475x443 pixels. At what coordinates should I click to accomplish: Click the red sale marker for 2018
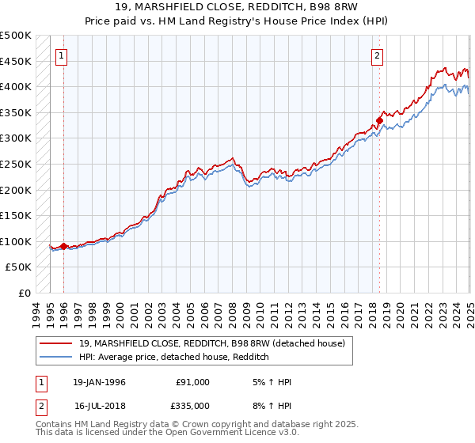379,120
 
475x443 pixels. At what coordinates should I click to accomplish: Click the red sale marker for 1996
63,246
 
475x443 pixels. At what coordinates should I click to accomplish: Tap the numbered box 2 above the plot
378,55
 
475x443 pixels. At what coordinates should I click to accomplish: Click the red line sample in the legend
57,344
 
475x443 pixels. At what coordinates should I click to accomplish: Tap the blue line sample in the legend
57,358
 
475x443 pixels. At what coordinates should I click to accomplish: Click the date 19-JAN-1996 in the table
99,382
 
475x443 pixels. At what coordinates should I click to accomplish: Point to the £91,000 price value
192,382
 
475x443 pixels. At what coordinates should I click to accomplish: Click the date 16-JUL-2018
99,405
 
